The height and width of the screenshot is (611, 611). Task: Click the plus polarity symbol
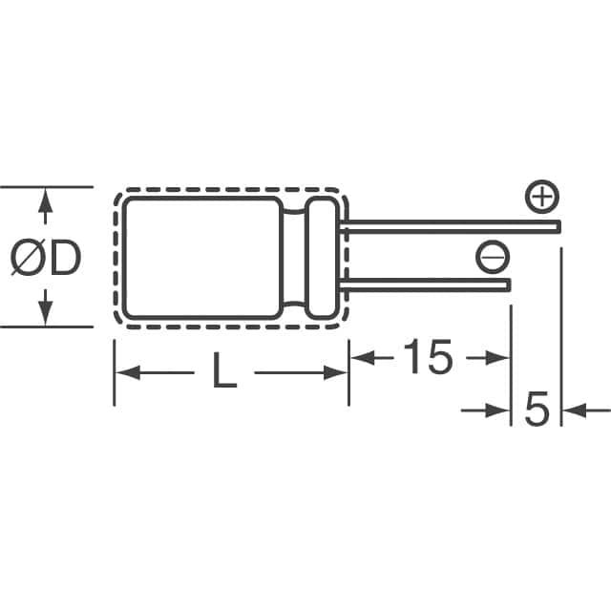(x=541, y=199)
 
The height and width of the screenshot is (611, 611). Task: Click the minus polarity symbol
(x=493, y=255)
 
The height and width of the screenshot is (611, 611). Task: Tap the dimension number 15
(x=427, y=357)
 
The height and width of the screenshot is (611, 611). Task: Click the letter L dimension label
(x=223, y=370)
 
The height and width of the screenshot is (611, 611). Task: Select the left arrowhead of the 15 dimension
(x=361, y=358)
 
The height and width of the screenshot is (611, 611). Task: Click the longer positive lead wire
(x=449, y=227)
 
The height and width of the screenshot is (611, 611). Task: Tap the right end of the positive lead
(x=556, y=227)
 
